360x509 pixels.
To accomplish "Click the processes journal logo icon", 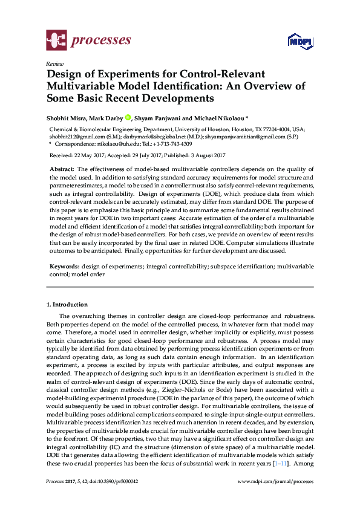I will pyautogui.click(x=56, y=41).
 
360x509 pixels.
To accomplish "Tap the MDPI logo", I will pyautogui.click(x=298, y=42).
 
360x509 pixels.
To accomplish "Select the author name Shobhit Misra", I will pyautogui.click(x=67, y=117).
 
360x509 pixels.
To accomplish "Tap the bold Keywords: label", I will pyautogui.click(x=64, y=267).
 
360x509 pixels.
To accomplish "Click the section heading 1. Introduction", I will pyautogui.click(x=67, y=305).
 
